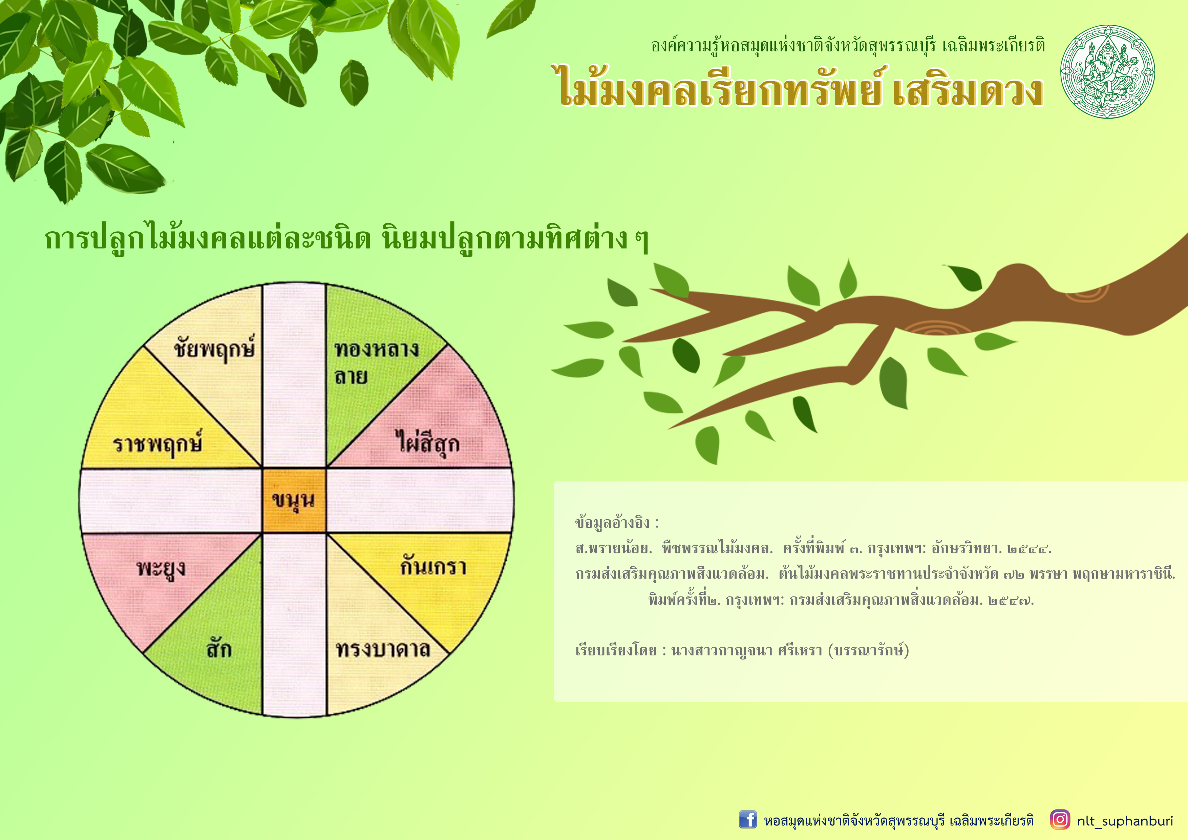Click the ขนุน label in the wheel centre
293,501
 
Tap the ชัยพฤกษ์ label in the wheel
214,348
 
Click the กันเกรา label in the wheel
433,565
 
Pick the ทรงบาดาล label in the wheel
383,649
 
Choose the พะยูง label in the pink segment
161,569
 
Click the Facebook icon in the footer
748,820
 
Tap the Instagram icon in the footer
1060,819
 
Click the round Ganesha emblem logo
1107,71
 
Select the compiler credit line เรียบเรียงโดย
742,650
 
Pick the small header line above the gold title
848,45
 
